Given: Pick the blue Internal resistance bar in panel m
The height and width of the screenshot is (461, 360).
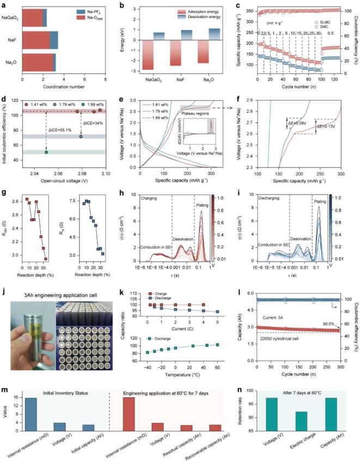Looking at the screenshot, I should click(35, 402).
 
